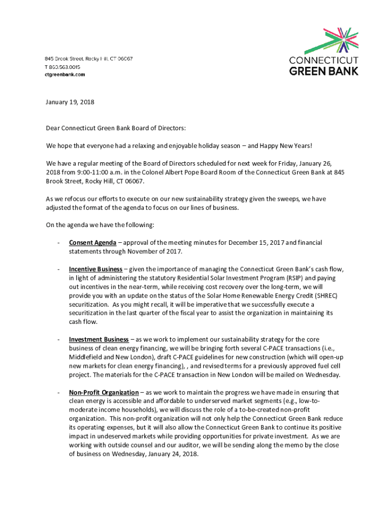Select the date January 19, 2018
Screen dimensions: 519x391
(70, 102)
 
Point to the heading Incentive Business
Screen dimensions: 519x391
(95, 269)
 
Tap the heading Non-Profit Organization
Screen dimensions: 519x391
(104, 392)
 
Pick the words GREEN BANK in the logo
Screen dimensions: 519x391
(323, 70)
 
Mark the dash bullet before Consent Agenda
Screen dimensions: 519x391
(59, 243)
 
